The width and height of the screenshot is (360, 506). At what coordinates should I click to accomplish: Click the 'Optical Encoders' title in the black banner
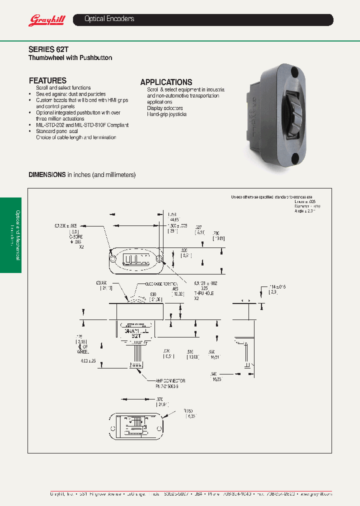pos(109,19)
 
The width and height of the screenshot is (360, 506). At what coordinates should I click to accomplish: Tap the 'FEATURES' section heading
pos(47,80)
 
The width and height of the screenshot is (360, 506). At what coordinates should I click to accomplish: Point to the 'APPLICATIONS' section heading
pos(166,82)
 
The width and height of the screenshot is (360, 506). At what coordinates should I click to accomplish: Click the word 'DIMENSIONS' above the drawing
pos(47,174)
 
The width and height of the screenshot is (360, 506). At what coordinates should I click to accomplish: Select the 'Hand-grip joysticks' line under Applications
pos(166,114)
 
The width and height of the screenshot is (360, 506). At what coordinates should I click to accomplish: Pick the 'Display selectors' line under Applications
pos(164,108)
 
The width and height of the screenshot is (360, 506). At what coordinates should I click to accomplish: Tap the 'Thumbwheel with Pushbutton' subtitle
pos(70,58)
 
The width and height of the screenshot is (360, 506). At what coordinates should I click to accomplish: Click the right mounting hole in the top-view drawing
pos(159,259)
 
